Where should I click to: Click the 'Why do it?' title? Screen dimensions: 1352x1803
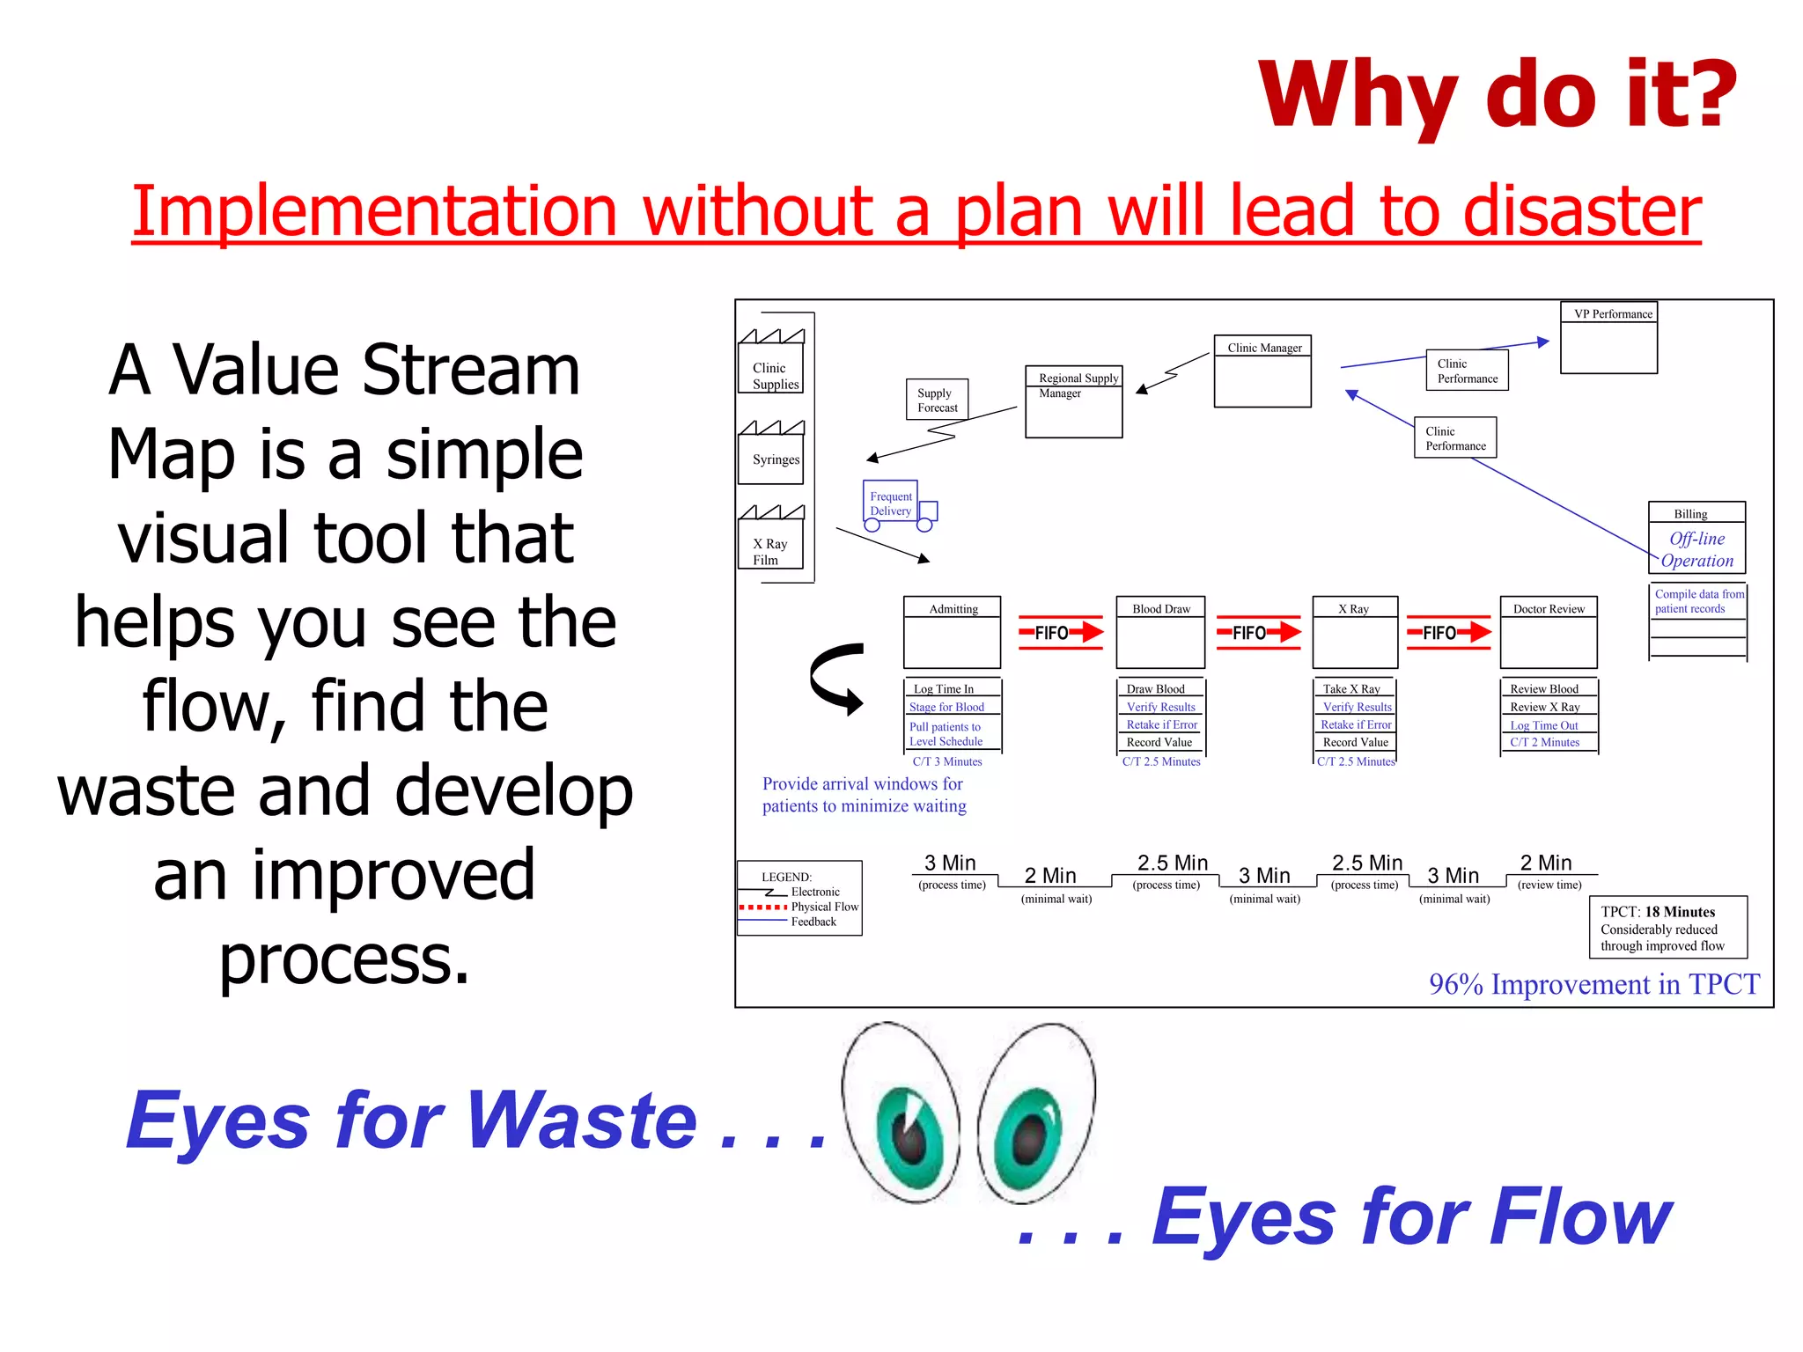tap(1497, 95)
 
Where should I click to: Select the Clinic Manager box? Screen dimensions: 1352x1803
tap(1262, 371)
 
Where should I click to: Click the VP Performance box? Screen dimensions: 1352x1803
tap(1608, 338)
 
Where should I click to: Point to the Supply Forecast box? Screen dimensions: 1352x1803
tap(937, 400)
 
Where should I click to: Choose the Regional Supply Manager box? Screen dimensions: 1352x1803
tap(1073, 401)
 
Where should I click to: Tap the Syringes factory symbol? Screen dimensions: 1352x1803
tap(771, 452)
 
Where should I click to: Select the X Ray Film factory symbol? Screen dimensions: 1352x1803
tap(771, 538)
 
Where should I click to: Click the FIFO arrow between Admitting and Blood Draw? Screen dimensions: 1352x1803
tap(1060, 632)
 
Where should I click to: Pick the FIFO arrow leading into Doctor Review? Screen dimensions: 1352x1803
tap(1448, 632)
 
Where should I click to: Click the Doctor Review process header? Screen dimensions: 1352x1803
tap(1548, 608)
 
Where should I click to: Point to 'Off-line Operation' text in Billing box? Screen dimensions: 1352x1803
tap(1696, 549)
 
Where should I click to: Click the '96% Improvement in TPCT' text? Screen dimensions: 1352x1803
tap(1593, 984)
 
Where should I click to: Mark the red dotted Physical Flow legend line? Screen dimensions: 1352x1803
tap(762, 907)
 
